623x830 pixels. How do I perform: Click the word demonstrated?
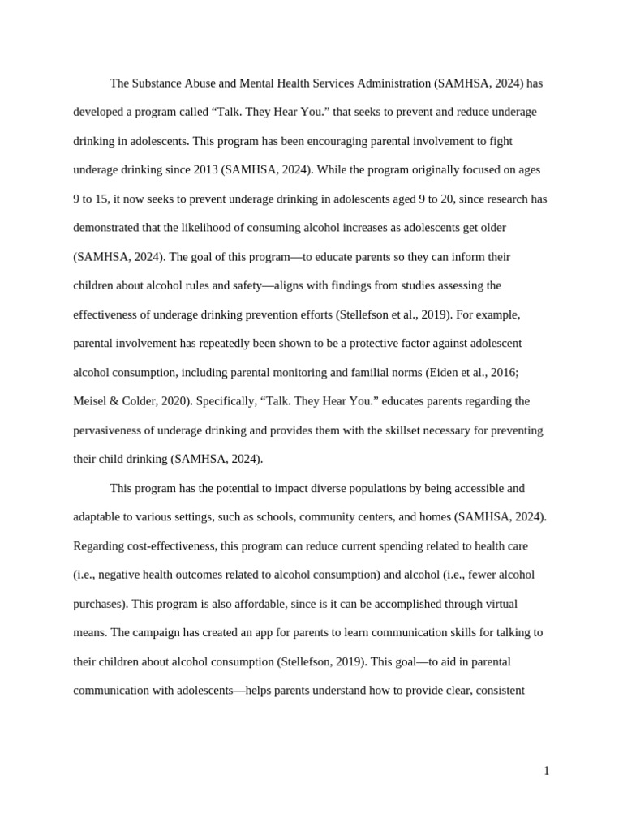coord(108,228)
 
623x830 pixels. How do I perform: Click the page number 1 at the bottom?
coord(546,771)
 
